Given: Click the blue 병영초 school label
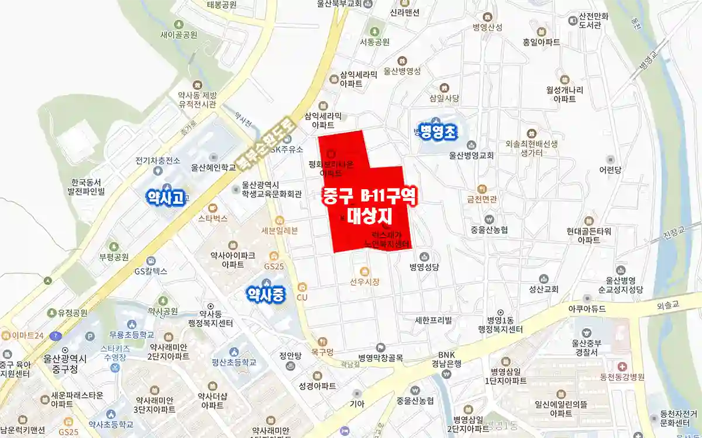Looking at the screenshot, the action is tap(436, 133).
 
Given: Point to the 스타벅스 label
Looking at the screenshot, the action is tap(213, 219).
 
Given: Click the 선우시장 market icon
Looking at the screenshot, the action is tap(364, 272).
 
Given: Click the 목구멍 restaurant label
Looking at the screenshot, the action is tap(323, 352).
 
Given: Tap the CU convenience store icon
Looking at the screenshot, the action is tap(302, 287).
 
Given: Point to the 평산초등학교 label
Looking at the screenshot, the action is tap(235, 362).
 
